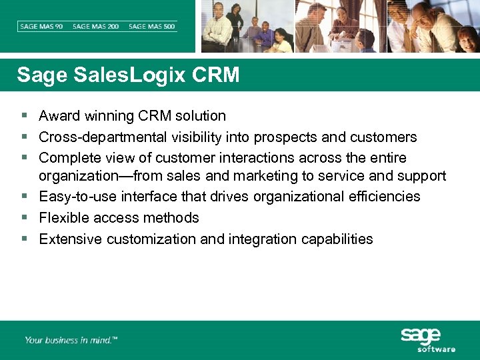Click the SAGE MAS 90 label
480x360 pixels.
click(41, 27)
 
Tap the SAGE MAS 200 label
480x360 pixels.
click(96, 27)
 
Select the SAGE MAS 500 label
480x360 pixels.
click(152, 27)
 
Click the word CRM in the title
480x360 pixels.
click(215, 75)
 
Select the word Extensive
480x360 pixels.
click(70, 239)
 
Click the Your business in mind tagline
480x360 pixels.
click(71, 340)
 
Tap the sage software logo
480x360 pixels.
click(427, 339)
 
